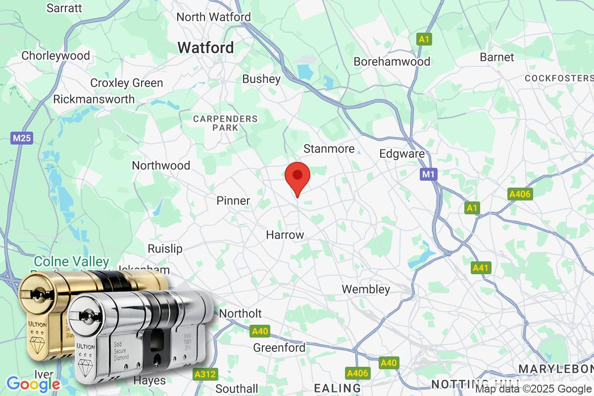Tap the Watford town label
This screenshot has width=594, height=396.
point(205,48)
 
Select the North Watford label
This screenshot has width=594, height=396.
point(214,17)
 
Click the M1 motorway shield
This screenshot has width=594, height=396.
point(429,174)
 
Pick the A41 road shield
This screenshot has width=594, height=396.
point(480,268)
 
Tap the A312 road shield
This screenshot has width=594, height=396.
point(205,374)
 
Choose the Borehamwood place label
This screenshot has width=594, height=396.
point(392,62)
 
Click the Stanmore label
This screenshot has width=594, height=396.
point(329,148)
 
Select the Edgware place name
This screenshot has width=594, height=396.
point(402,153)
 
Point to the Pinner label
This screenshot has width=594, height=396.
point(233,200)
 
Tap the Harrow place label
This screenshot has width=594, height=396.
point(285,235)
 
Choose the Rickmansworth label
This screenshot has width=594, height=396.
point(94,99)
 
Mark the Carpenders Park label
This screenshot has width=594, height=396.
point(225,123)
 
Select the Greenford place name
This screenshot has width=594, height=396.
point(279,347)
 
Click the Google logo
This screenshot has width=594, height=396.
point(33,384)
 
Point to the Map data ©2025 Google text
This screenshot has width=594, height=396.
point(534,389)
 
